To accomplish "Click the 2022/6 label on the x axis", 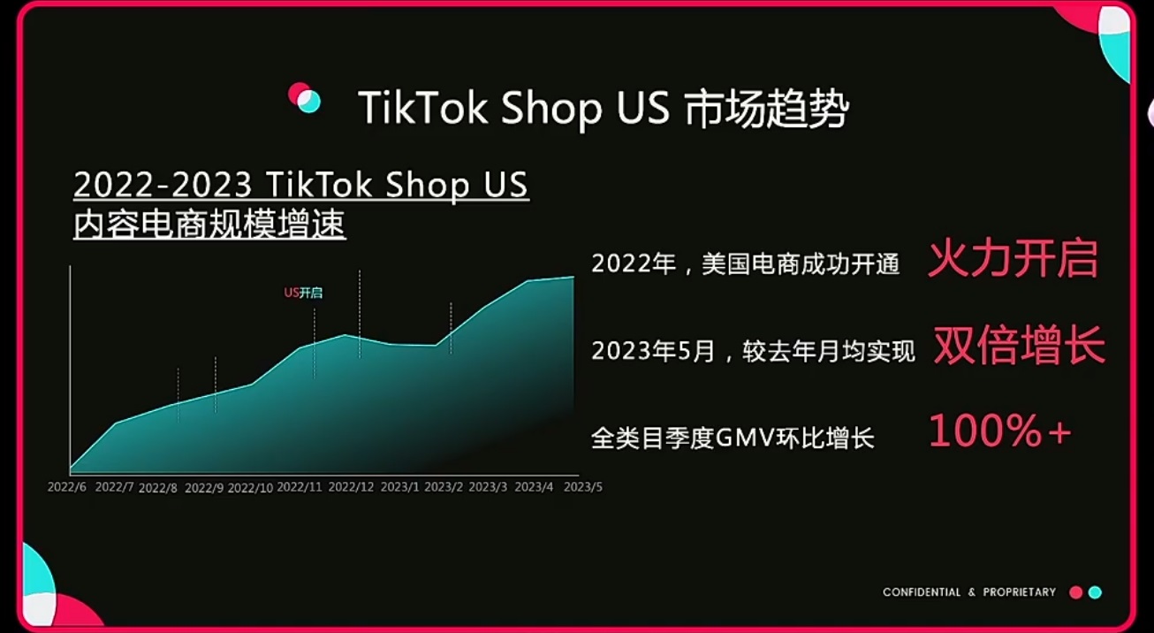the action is coord(67,487).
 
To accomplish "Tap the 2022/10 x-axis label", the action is coord(250,488).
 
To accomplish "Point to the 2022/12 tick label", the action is coord(351,487).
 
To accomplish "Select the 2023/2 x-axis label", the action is coord(444,487).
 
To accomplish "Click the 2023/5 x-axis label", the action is coord(582,487).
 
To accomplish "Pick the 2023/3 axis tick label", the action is coord(488,487).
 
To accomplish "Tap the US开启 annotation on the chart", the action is coord(303,293).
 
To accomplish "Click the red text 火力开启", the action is coord(1013,259).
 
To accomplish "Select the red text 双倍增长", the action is coord(1020,346).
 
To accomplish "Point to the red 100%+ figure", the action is coord(1000,431).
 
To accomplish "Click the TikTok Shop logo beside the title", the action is coord(304,98).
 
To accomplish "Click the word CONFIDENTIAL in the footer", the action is coord(922,592).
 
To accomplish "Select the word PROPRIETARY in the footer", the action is coord(1020,592).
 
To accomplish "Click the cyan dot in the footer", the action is coord(1095,593).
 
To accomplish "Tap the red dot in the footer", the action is coord(1075,593).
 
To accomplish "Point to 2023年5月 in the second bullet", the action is coord(653,352).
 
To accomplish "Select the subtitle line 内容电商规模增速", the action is coord(209,225).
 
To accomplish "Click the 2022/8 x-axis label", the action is coord(158,488).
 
